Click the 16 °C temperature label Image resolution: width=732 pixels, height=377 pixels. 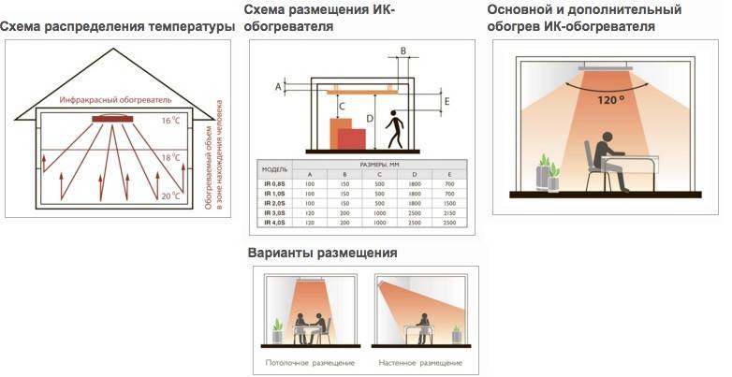(x=169, y=121)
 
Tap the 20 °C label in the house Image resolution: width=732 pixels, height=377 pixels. (x=169, y=196)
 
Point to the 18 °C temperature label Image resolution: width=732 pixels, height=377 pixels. (x=169, y=158)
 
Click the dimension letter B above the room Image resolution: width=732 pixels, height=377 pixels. (x=403, y=50)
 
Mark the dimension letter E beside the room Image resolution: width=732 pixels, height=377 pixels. (x=447, y=100)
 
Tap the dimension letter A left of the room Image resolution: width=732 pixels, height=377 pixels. (x=278, y=86)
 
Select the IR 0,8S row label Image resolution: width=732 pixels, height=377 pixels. (x=274, y=185)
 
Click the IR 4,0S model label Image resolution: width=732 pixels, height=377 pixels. (x=274, y=224)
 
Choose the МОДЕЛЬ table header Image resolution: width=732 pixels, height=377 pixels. (x=274, y=170)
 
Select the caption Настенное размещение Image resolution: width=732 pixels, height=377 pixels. (x=421, y=361)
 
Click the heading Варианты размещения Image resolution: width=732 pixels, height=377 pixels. (x=323, y=253)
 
